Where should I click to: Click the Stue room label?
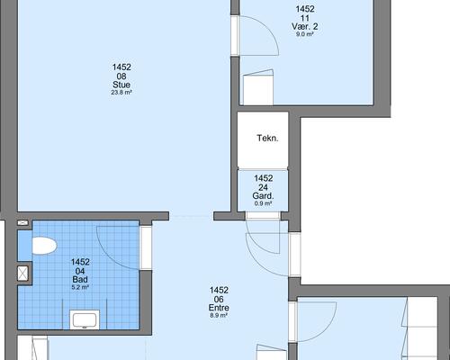[121, 85]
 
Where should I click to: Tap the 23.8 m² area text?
[121, 93]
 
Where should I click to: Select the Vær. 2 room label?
[305, 26]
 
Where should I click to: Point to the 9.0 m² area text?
[305, 34]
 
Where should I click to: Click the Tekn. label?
[267, 139]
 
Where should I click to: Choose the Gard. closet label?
[263, 196]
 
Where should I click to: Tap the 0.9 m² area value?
[263, 203]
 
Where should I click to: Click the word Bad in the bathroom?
[80, 279]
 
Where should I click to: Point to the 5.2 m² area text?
[80, 287]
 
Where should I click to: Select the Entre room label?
[219, 308]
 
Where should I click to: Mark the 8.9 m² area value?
[219, 315]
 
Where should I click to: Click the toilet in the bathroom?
[44, 246]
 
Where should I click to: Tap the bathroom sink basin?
[85, 320]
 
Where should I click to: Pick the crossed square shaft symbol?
[22, 274]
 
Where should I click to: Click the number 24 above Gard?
[263, 187]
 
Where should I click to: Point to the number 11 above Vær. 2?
[305, 18]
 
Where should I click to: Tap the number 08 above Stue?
[121, 76]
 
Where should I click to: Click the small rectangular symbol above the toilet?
[22, 223]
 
